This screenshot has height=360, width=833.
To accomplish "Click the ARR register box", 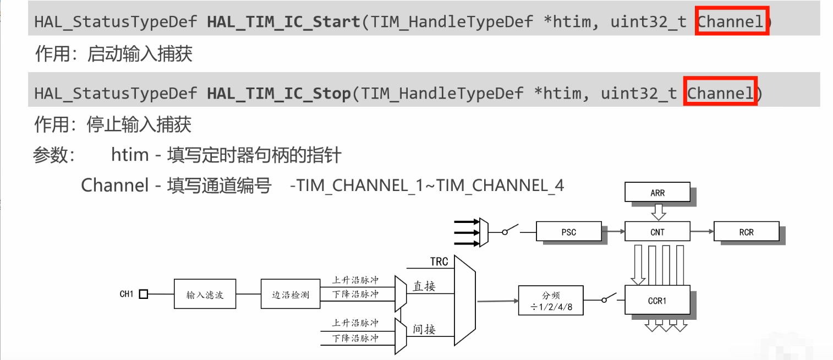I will tap(657, 193).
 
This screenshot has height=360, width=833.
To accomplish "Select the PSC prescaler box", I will tap(569, 232).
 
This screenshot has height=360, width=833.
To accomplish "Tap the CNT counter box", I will tap(657, 232).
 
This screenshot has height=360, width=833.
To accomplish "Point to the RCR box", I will tap(746, 232).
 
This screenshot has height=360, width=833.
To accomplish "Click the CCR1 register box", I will tap(657, 301).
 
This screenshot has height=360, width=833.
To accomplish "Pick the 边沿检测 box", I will tap(291, 294).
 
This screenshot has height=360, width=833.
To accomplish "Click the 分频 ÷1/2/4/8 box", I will tap(551, 301).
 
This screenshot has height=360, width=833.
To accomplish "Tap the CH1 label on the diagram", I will tap(127, 294).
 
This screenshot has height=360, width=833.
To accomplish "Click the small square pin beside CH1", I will tap(144, 294).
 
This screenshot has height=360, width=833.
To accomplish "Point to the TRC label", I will tap(439, 261).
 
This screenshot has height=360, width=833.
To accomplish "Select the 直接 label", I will tap(424, 286).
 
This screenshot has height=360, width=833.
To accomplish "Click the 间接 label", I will tap(424, 329).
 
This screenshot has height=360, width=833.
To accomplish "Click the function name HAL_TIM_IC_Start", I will tap(283, 22).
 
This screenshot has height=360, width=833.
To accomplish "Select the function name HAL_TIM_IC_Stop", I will tap(278, 93).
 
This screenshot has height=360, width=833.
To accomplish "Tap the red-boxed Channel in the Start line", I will tap(731, 22).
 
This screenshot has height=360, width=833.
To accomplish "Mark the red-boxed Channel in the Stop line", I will tap(720, 93).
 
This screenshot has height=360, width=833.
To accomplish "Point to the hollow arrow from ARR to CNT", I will tap(657, 212).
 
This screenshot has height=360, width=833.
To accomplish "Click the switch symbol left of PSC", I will tap(512, 230).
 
